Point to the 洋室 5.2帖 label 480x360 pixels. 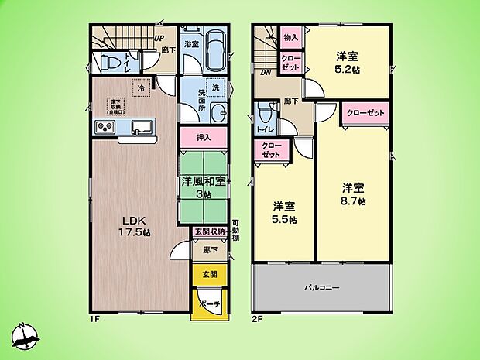point(346,62)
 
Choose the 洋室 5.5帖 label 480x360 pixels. point(284,212)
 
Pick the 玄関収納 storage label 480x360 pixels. point(208,231)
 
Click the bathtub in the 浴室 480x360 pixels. point(214,52)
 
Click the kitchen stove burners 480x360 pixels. point(104,127)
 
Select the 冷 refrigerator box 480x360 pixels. point(141,88)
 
